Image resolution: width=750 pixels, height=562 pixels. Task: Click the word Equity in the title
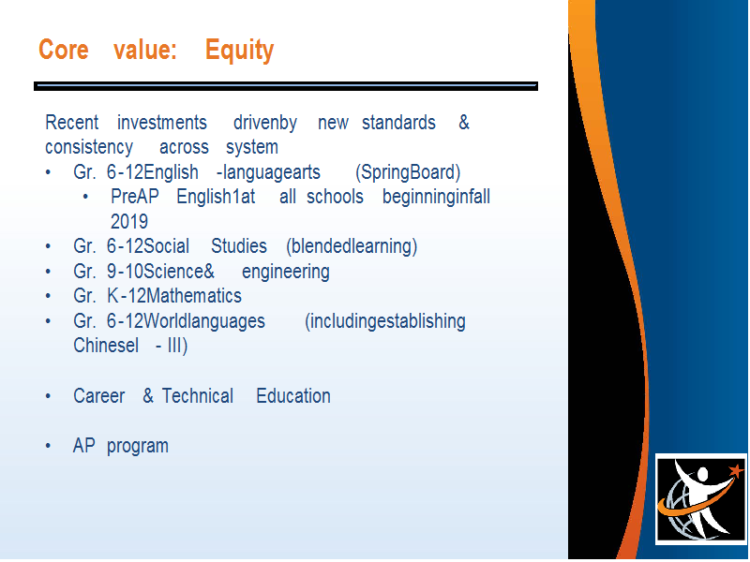[240, 51]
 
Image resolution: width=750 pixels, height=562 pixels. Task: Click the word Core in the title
[64, 50]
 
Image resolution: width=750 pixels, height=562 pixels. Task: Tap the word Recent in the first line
[72, 123]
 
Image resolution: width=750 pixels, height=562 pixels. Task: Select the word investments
[162, 123]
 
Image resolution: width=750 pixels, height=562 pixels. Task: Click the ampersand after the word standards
[464, 123]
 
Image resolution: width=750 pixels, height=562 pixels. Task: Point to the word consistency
[89, 147]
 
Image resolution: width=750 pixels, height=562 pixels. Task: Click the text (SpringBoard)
[408, 172]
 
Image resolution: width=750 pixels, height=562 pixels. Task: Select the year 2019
[129, 222]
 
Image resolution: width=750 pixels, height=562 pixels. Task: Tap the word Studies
[239, 246]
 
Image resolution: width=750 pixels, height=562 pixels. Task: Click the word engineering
[286, 272]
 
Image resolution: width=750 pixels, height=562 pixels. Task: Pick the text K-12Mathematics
[174, 296]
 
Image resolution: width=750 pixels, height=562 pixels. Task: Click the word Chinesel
[106, 346]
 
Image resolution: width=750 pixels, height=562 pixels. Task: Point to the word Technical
[198, 395]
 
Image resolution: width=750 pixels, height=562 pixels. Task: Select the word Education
[293, 395]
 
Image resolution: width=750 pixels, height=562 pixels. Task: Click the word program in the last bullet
[137, 447]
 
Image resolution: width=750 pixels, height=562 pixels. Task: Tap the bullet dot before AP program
[48, 446]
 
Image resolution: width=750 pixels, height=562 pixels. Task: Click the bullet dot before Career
[48, 396]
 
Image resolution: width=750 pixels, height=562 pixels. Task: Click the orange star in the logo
[736, 471]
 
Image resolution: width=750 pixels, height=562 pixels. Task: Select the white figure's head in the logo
[702, 475]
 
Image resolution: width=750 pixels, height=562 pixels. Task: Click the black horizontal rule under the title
[286, 86]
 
